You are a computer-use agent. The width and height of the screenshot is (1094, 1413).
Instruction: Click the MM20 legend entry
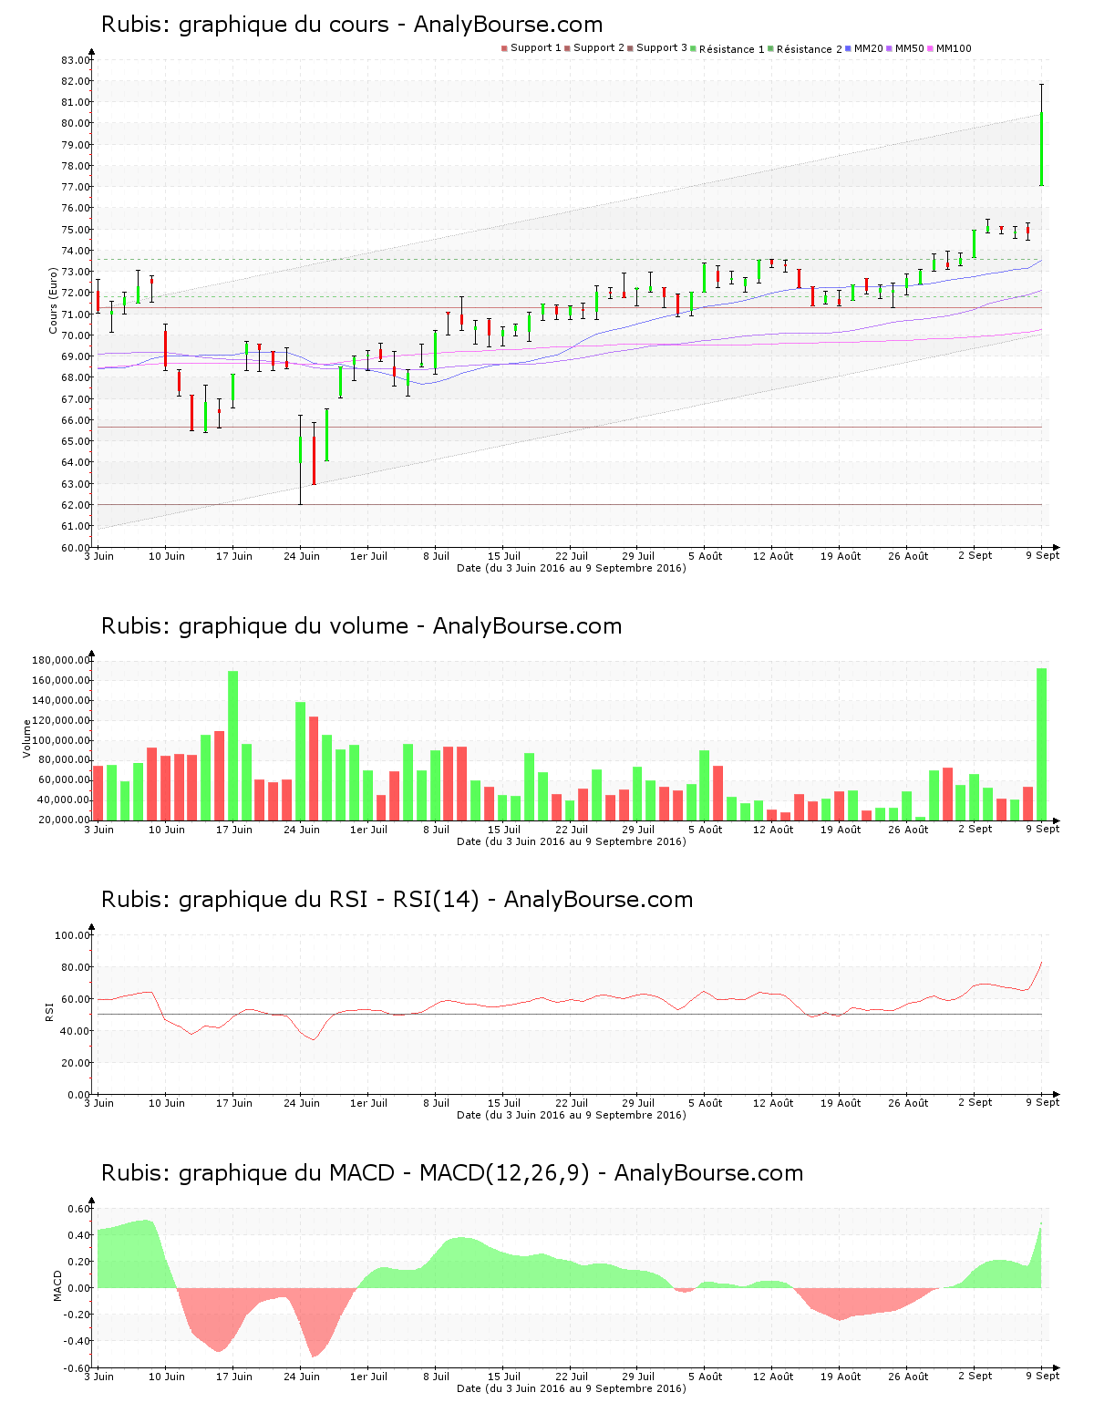pos(863,48)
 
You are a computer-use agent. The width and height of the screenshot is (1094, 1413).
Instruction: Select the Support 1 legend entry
pos(532,47)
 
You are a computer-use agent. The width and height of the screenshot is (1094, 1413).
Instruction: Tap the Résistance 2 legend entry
pos(805,48)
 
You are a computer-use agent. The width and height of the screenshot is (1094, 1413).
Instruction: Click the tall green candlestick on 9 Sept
pos(1041,149)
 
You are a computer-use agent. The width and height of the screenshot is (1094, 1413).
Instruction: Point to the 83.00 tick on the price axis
pos(76,60)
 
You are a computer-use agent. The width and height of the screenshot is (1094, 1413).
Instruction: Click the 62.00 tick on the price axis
pos(76,505)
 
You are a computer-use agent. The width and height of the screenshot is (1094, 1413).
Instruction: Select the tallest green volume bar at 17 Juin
pos(232,745)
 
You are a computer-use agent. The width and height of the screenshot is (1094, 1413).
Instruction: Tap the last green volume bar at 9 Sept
pos(1041,743)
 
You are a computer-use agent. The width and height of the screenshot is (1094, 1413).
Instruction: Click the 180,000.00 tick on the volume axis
pos(60,660)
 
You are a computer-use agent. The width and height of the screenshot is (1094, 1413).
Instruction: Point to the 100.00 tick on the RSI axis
pos(72,935)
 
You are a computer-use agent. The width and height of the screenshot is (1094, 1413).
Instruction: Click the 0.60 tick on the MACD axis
pos(79,1208)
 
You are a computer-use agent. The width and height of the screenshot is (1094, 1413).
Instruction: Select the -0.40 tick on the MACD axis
pos(77,1341)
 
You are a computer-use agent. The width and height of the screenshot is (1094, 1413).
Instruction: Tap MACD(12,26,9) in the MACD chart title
pos(504,1173)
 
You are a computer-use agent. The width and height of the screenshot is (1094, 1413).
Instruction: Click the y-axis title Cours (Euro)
pos(53,301)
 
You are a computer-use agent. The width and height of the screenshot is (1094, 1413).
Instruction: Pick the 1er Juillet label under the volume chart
pos(368,829)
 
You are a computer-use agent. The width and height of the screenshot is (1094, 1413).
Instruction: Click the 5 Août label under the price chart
pos(706,556)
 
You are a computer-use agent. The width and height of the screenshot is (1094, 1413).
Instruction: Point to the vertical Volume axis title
pos(26,738)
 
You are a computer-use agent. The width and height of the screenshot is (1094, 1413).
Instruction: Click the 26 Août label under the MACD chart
pos(908,1377)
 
